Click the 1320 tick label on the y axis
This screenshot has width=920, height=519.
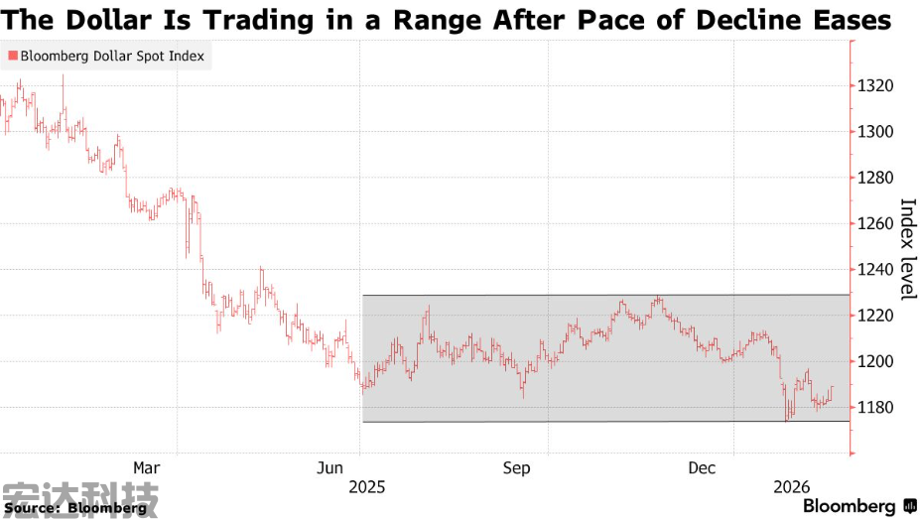tap(877, 86)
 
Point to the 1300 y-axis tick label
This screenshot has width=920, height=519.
tap(877, 132)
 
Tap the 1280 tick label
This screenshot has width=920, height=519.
tap(877, 178)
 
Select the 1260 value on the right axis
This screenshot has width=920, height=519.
tap(877, 223)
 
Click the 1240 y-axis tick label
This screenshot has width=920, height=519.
tap(877, 269)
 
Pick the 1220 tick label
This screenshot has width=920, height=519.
tap(877, 316)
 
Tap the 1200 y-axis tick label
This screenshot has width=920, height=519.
tap(877, 361)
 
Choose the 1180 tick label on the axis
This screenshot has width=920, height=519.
tap(877, 407)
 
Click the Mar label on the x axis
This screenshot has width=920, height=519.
tap(146, 466)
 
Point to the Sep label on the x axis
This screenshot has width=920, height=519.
tap(517, 466)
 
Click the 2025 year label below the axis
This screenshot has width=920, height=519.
tap(367, 487)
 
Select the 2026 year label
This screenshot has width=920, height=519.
tap(794, 487)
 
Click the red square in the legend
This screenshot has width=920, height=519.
tap(12, 57)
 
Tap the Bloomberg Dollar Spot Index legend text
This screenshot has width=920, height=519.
tap(112, 57)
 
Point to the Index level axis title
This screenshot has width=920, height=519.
tap(907, 248)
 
